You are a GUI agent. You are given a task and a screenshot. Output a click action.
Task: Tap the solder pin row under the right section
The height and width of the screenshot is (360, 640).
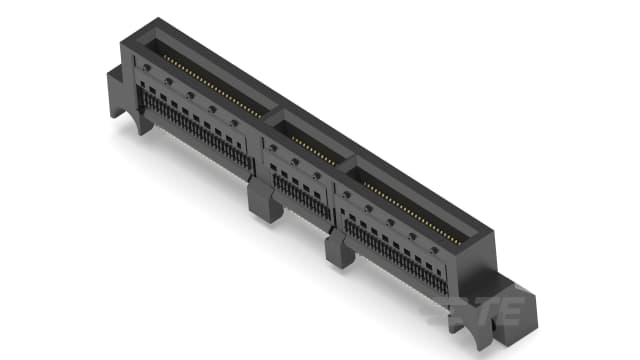click(x=395, y=254)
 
